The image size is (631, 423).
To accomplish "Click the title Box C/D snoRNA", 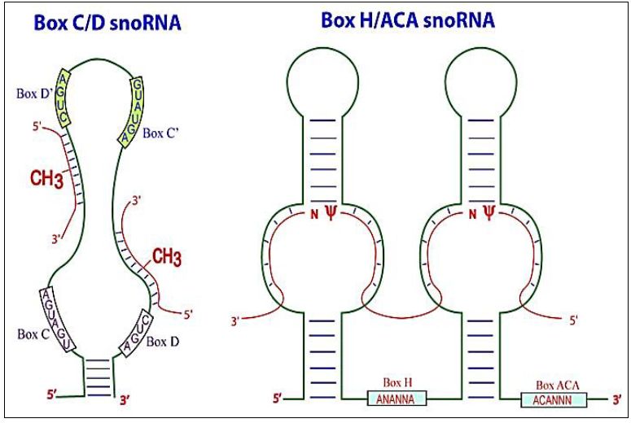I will (x=107, y=24).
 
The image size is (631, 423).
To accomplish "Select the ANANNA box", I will (x=397, y=399).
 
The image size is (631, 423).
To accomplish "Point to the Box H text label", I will (x=397, y=382).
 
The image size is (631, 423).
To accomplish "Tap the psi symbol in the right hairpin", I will (x=489, y=214).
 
